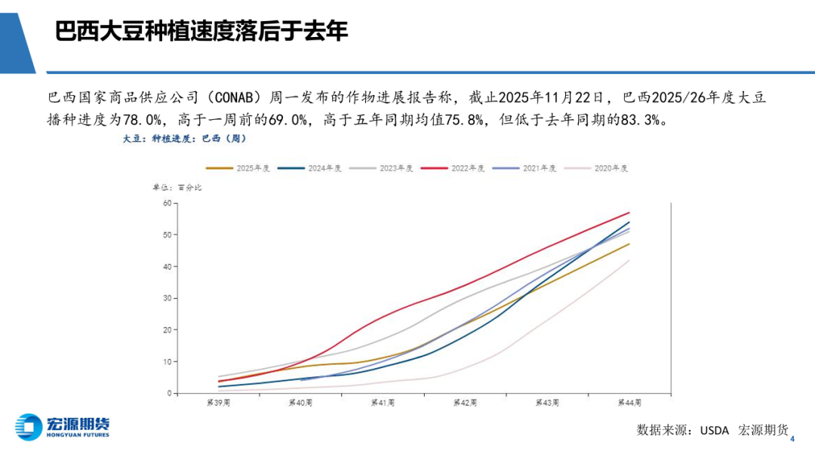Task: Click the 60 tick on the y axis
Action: pyautogui.click(x=167, y=203)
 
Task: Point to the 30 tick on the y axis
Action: pyautogui.click(x=167, y=298)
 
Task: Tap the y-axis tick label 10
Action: pyautogui.click(x=167, y=361)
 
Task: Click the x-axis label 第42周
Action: pyautogui.click(x=465, y=403)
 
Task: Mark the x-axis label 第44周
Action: pyautogui.click(x=629, y=403)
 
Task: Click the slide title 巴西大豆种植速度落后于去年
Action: pyautogui.click(x=201, y=32)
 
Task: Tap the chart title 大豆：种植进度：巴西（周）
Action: pyautogui.click(x=184, y=139)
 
